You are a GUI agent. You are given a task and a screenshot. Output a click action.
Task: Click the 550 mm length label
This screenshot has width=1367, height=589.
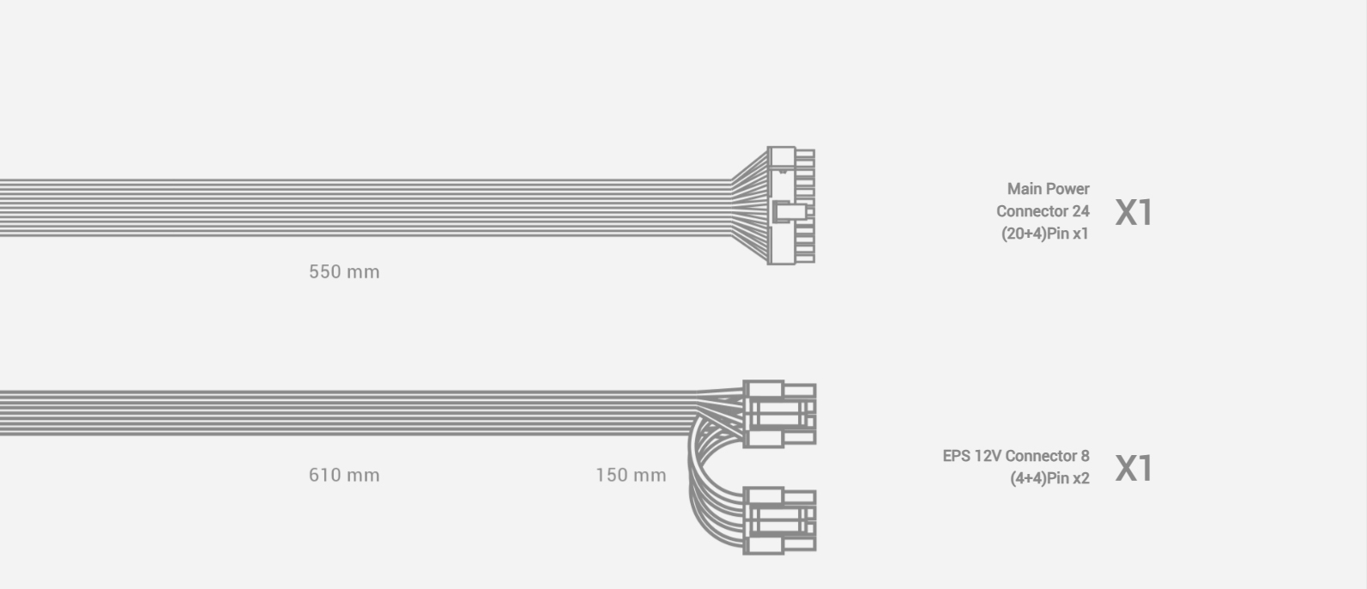click(344, 271)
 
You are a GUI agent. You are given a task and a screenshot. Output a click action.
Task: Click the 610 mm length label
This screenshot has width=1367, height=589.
click(344, 475)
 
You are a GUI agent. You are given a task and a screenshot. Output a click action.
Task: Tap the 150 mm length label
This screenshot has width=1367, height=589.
click(631, 475)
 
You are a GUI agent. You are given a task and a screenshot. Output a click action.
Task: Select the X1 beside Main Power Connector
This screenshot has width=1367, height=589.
click(1134, 212)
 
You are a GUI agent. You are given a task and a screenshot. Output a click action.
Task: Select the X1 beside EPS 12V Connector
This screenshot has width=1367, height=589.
click(1134, 468)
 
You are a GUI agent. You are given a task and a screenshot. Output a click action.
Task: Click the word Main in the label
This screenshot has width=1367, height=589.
click(1024, 189)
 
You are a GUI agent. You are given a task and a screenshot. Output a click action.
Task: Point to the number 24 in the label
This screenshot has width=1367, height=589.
click(1080, 211)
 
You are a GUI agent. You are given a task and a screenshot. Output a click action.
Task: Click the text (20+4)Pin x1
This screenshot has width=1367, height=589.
click(1045, 234)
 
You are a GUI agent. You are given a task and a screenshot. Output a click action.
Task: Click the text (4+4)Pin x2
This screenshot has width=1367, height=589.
click(1049, 478)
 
